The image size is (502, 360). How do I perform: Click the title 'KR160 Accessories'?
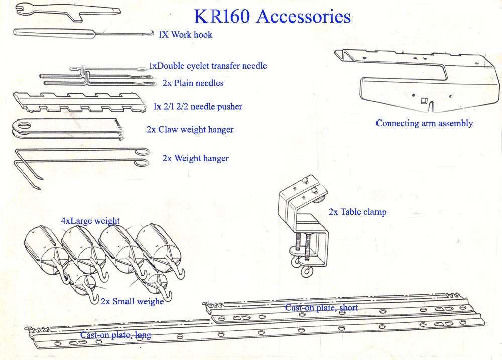point(272,16)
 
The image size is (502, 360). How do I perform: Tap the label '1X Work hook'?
point(185,35)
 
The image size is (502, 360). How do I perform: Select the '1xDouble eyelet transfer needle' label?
point(207,66)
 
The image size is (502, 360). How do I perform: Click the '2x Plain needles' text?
point(193,83)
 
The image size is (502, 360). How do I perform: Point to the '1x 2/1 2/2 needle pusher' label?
point(197,107)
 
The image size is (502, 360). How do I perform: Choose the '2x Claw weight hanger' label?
point(190,130)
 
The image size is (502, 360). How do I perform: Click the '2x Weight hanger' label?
point(195,158)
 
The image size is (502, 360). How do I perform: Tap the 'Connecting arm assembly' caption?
point(424,123)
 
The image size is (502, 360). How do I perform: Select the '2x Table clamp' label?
point(357,212)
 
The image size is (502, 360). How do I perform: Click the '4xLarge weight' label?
point(90,221)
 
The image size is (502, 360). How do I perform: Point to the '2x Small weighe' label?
point(132,301)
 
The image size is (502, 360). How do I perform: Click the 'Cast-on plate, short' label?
point(321,307)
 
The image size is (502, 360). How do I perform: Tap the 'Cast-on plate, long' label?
point(115,335)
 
